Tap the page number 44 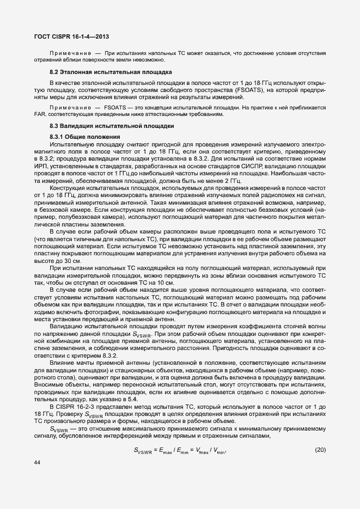pos(37,477)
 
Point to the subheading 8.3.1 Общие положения pos(81,136)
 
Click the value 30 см pos(71,261)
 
